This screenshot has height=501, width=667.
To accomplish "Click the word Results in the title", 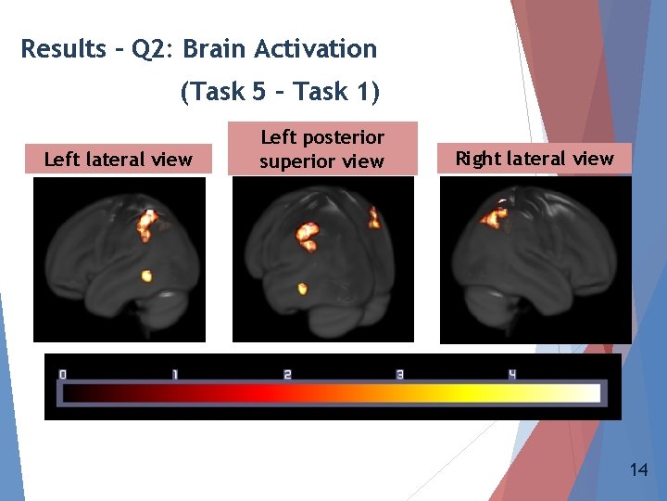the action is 62,49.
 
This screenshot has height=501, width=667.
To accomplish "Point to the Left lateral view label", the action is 119,160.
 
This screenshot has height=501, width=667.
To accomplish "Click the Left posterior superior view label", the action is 321,149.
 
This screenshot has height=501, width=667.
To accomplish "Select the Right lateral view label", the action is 535,159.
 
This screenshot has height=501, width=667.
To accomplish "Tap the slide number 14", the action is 637,470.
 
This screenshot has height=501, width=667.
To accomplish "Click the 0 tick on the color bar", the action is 63,374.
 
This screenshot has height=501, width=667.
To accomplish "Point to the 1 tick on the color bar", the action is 174,374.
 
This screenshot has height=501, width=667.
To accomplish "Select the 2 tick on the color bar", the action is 287,374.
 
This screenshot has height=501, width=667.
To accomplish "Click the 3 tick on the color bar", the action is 399,374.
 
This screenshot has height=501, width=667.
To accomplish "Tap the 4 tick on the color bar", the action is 511,374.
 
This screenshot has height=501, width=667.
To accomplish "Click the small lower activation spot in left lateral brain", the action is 145,275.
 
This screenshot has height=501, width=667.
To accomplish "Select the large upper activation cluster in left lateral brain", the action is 146,225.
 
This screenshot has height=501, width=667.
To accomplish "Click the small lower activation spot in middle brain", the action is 301,289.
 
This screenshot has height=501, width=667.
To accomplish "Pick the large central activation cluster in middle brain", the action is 307,234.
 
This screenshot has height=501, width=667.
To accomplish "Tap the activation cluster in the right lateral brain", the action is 493,217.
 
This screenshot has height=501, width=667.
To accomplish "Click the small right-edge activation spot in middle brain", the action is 373,219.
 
